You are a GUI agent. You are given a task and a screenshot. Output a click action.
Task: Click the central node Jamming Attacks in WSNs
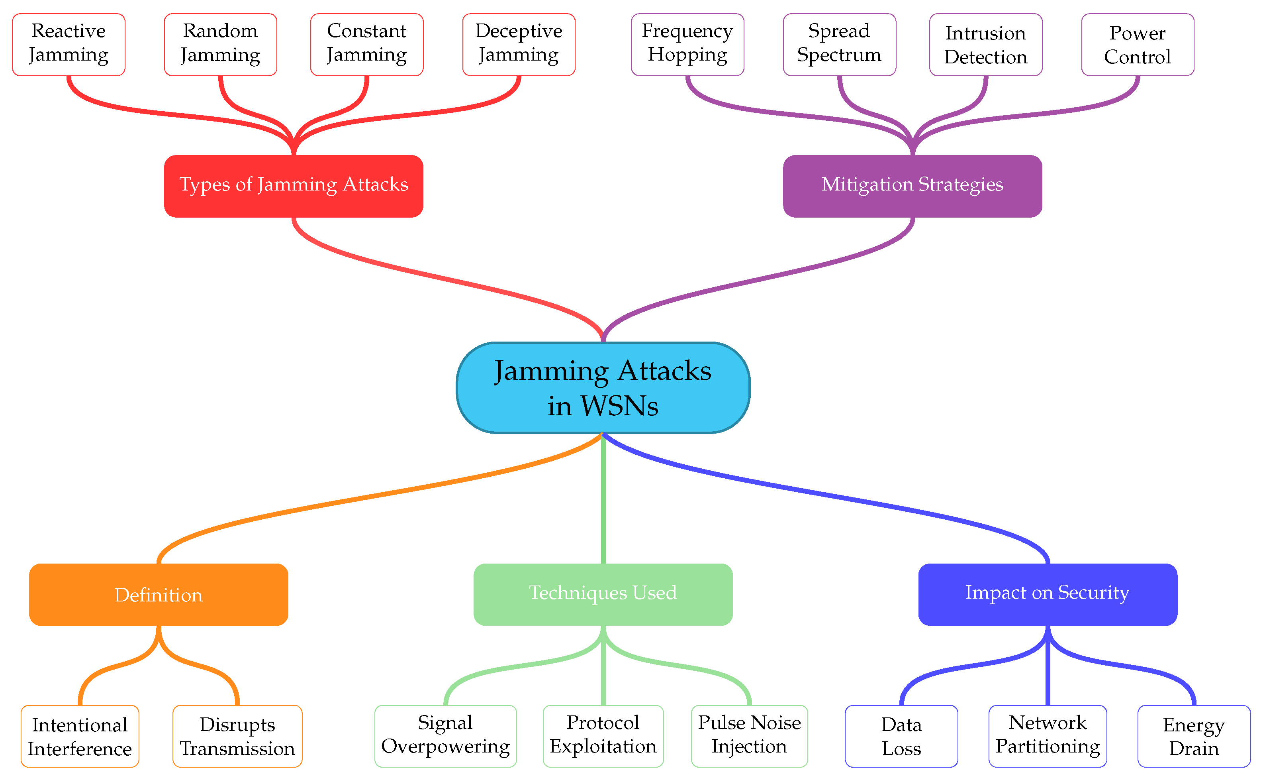pos(603,387)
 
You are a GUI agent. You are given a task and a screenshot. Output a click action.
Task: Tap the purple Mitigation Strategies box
pos(912,186)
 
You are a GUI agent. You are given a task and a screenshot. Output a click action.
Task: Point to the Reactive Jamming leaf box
pos(69,44)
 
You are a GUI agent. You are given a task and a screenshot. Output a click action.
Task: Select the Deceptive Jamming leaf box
pos(519,44)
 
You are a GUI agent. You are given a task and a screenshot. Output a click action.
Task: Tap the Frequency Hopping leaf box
pos(687,44)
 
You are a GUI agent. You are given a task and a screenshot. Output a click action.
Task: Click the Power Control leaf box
pos(1137,44)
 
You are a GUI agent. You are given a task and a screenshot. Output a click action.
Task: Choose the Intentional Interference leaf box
pos(80,736)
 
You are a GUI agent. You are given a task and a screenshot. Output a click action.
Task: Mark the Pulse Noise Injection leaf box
pos(749,736)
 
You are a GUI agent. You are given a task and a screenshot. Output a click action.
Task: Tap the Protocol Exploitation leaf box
pos(603,736)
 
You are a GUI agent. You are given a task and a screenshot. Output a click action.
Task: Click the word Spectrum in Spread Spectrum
pos(839,55)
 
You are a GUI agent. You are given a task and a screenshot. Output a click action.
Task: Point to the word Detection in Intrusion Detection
pos(986,57)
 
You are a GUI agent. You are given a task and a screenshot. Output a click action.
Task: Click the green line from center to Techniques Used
pos(603,500)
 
